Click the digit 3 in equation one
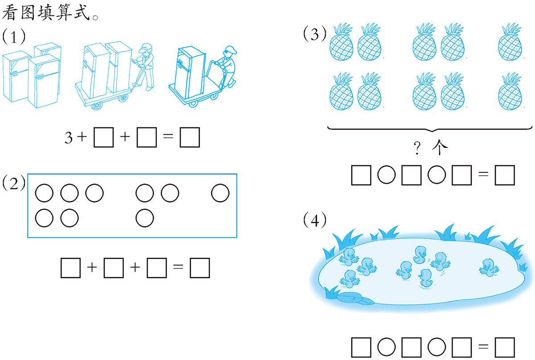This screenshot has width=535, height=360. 69,138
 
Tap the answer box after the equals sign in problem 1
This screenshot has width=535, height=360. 189,137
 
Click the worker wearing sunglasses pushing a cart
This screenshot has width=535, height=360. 226,66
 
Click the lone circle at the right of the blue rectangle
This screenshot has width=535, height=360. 220,193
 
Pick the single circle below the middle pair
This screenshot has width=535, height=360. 145,218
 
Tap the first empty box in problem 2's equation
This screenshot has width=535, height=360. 71,268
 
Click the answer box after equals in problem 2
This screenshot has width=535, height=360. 200,268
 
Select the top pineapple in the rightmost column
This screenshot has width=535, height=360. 510,42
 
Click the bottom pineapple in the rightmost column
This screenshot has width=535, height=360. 510,91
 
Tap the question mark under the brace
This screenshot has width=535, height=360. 417,148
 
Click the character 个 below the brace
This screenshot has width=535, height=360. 440,147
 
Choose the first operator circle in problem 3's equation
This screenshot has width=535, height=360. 387,175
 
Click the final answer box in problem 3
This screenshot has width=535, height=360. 505,175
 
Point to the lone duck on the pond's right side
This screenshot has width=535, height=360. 489,268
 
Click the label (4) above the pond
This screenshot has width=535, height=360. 315,221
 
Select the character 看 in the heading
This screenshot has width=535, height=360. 10,12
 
